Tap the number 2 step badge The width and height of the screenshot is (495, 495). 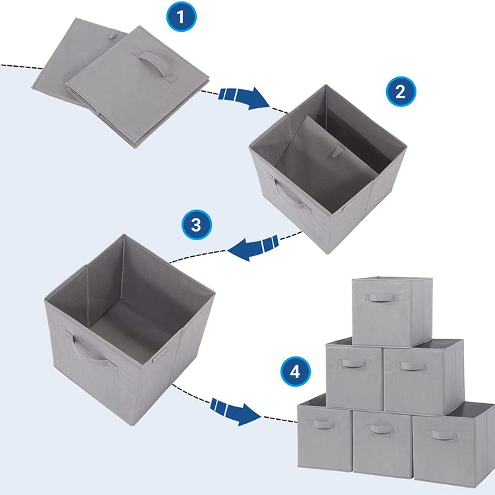tap(400, 92)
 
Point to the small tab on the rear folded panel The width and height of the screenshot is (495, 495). tap(117, 34)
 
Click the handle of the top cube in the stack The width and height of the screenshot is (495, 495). tap(383, 298)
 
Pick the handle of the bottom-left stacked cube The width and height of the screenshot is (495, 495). tap(324, 424)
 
